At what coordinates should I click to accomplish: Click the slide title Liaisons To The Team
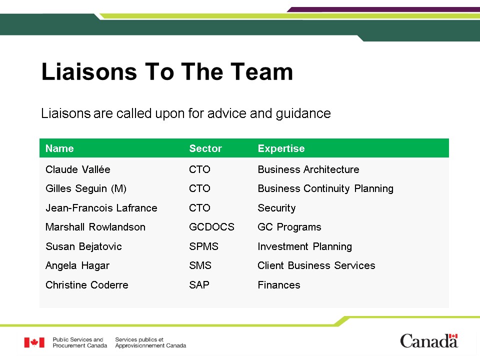[167, 72]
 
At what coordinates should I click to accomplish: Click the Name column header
[59, 148]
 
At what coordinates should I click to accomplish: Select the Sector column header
[205, 148]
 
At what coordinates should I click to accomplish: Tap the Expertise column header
[281, 149]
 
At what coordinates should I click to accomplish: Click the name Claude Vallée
[78, 169]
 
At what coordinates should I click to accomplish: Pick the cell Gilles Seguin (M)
[86, 188]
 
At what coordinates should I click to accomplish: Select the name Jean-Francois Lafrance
[101, 208]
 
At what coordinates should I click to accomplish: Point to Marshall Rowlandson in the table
[95, 227]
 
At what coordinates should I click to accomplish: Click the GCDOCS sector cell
[212, 227]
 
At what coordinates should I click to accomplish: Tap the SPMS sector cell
[204, 246]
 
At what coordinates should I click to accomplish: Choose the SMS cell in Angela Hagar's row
[200, 265]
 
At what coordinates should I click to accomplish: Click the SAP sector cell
[199, 285]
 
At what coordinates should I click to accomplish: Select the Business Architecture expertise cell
[308, 169]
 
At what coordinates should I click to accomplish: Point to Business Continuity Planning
[325, 188]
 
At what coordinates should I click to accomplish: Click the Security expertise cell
[276, 208]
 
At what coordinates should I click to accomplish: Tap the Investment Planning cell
[305, 246]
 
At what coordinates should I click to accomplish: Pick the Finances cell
[279, 285]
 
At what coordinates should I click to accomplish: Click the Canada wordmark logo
[429, 340]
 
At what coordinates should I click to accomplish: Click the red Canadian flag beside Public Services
[34, 342]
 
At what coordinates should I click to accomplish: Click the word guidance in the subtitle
[303, 114]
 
